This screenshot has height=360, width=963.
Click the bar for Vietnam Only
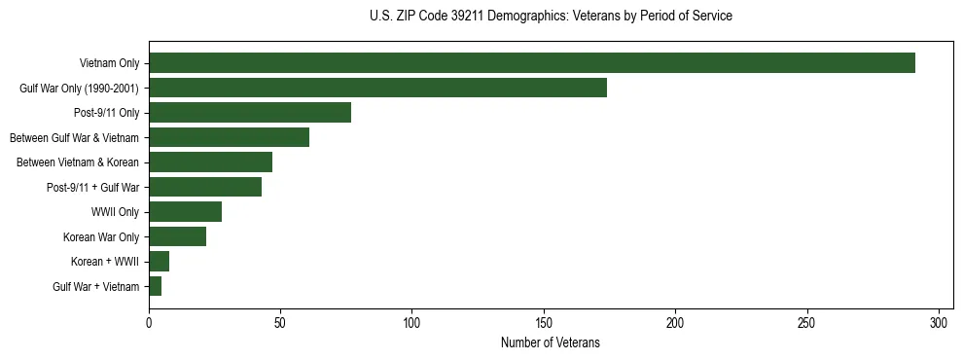(x=531, y=63)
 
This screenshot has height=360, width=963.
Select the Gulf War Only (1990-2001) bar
(x=377, y=88)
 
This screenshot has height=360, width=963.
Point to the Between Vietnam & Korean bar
(x=210, y=162)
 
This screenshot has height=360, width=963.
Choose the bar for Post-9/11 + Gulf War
(x=205, y=187)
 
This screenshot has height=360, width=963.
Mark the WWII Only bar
(x=185, y=212)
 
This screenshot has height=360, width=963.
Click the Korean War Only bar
(x=177, y=236)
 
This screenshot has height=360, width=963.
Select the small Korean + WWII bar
(x=159, y=262)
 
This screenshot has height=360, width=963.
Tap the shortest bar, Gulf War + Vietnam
(x=156, y=286)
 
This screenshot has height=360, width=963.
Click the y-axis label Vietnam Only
(x=109, y=63)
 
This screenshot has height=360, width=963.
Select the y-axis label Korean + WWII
(x=105, y=262)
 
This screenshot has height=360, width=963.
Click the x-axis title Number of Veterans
(x=550, y=343)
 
